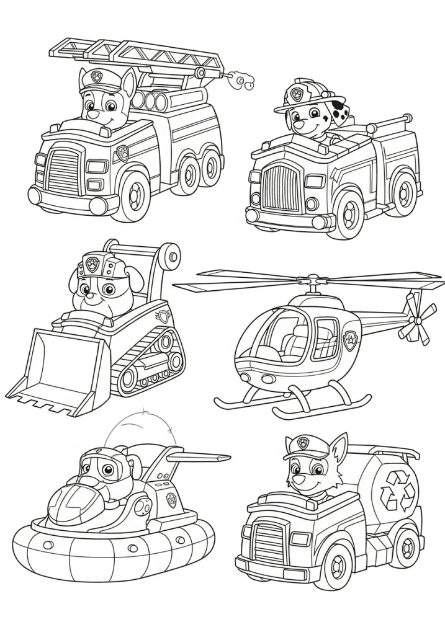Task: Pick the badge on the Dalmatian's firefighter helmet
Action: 297,95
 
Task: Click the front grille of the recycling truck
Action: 267,541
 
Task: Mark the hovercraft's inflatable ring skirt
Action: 112,546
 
